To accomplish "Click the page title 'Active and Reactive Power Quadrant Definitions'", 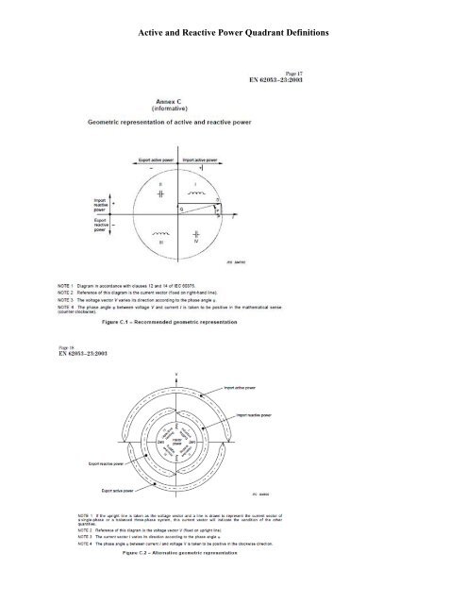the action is [x=233, y=34].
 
